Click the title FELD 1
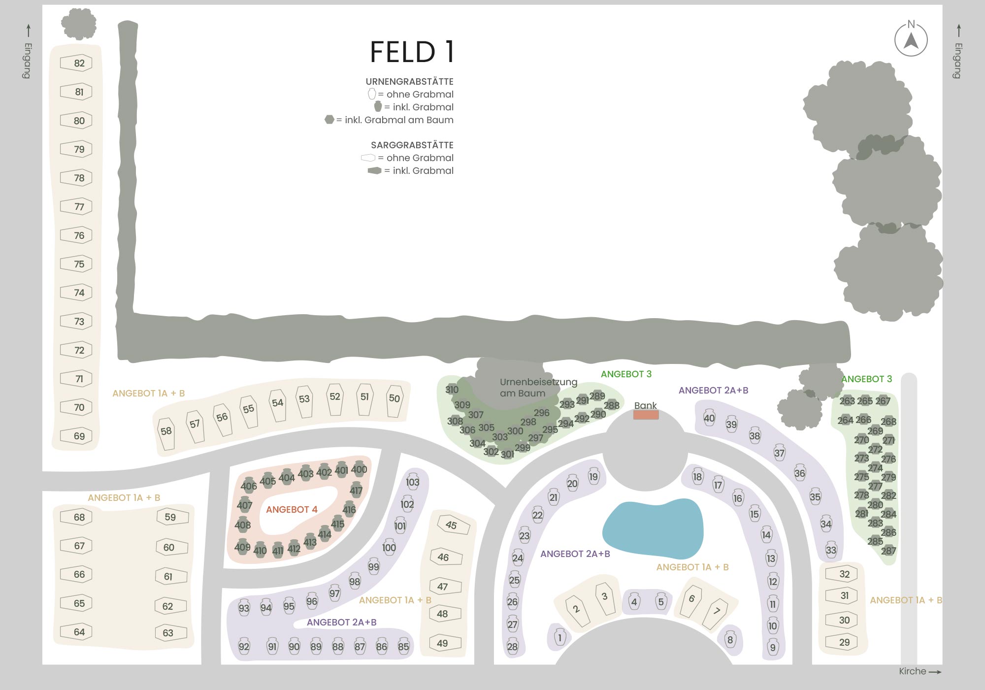[x=412, y=52]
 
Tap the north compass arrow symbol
[x=911, y=39]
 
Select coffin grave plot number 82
[x=76, y=63]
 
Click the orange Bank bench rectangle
[x=646, y=415]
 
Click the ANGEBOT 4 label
[x=292, y=509]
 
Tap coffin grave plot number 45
[x=450, y=525]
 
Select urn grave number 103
[x=413, y=482]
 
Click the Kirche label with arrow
[x=920, y=671]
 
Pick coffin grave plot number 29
[x=844, y=642]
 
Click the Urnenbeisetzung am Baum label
[x=538, y=388]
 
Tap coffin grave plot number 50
[x=394, y=400]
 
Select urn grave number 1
[x=559, y=637]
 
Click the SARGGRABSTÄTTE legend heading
[x=412, y=145]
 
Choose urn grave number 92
[x=244, y=646]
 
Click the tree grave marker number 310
[x=452, y=390]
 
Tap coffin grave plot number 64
[x=76, y=632]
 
